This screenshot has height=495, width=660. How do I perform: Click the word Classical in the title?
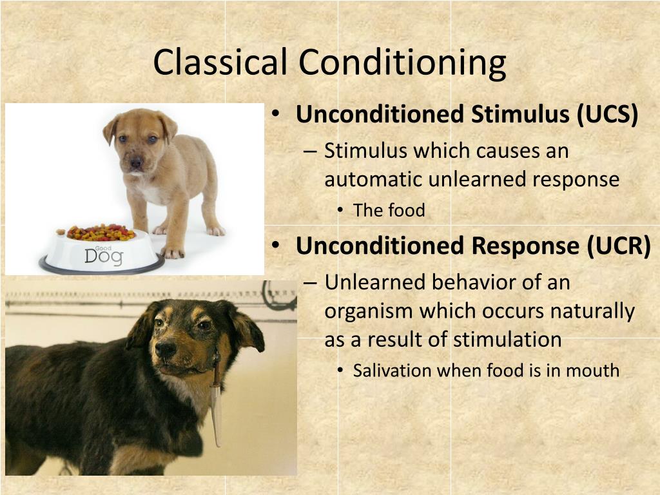coord(220,63)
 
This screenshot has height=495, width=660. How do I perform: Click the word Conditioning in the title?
coord(402,63)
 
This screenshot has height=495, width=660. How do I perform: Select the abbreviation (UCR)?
coord(619,246)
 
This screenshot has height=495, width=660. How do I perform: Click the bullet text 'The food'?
coord(389,211)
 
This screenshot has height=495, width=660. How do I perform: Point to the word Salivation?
coord(393,371)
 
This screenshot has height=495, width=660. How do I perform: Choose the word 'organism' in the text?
coord(368,311)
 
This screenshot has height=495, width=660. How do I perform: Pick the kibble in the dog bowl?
coord(100,232)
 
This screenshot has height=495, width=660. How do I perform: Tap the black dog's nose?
coord(165,348)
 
